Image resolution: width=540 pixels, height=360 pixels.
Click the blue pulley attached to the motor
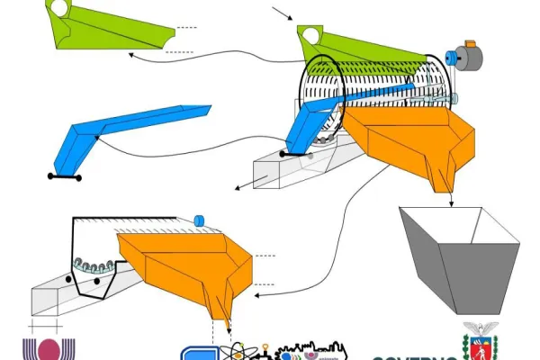click(454, 60)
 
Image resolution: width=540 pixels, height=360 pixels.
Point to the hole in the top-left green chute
click(58, 9)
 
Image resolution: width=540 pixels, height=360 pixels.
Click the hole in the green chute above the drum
click(311, 35)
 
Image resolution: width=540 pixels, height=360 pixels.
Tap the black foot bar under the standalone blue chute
click(64, 177)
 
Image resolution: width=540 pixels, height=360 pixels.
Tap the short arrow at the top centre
click(281, 13)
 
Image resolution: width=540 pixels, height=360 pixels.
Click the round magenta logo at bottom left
click(44, 349)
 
